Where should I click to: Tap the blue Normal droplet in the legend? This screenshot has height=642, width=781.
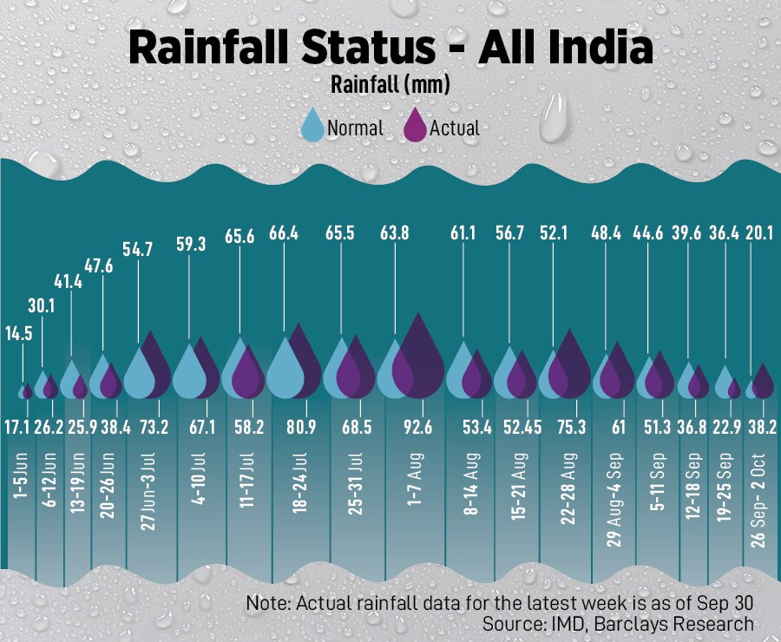pyautogui.click(x=312, y=127)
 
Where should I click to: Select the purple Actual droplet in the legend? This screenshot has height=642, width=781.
pyautogui.click(x=416, y=127)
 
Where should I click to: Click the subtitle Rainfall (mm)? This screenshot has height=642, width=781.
pyautogui.click(x=389, y=85)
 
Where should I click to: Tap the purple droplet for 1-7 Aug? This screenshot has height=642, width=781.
pyautogui.click(x=420, y=357)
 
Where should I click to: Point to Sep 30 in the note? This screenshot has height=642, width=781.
pyautogui.click(x=726, y=602)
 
